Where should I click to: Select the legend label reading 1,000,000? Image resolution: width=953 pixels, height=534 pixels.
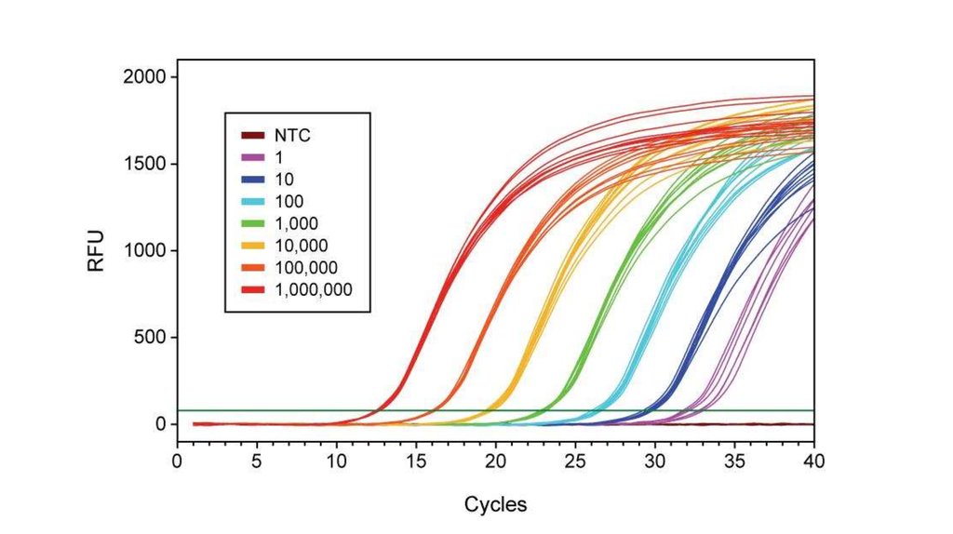314,290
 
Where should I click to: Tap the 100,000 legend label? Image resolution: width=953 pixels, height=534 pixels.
306,269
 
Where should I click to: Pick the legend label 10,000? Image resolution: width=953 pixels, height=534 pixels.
302,247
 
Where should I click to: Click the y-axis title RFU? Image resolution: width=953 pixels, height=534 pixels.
97,250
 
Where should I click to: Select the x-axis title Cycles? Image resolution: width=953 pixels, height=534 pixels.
495,505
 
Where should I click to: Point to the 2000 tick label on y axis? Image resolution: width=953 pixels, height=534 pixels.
143,77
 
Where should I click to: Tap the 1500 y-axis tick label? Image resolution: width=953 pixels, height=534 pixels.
143,164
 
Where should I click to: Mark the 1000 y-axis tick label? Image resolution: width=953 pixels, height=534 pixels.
143,250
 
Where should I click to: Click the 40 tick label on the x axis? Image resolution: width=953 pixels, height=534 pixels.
814,460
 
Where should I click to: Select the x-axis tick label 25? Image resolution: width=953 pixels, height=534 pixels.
575,460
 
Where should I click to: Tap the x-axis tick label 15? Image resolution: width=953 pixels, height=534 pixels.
416,460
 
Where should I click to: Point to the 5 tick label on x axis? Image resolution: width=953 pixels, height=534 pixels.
257,460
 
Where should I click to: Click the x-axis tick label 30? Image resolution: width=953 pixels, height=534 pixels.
655,460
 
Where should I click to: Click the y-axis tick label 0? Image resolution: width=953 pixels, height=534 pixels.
160,424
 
